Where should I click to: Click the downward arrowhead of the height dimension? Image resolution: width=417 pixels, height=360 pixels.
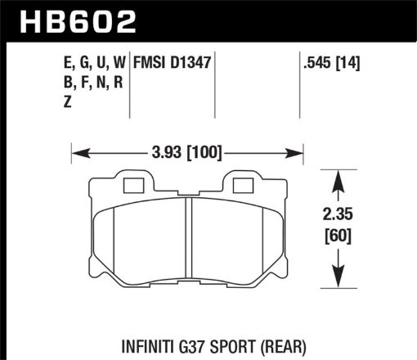point(337,282)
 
